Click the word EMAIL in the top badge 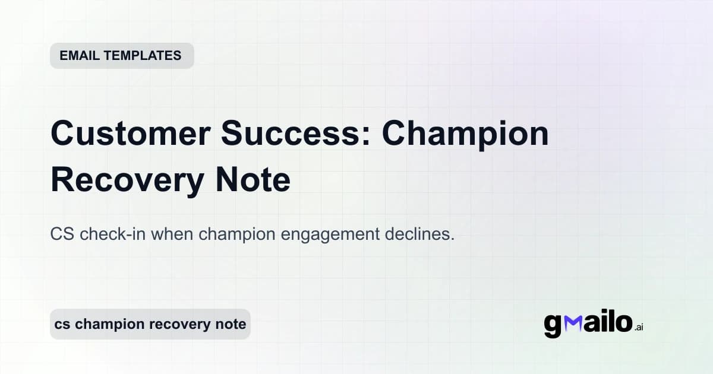[x=80, y=56]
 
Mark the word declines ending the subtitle [x=418, y=234]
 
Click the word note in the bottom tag [x=231, y=324]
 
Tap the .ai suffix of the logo [x=639, y=327]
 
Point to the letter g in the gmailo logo [x=553, y=326]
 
